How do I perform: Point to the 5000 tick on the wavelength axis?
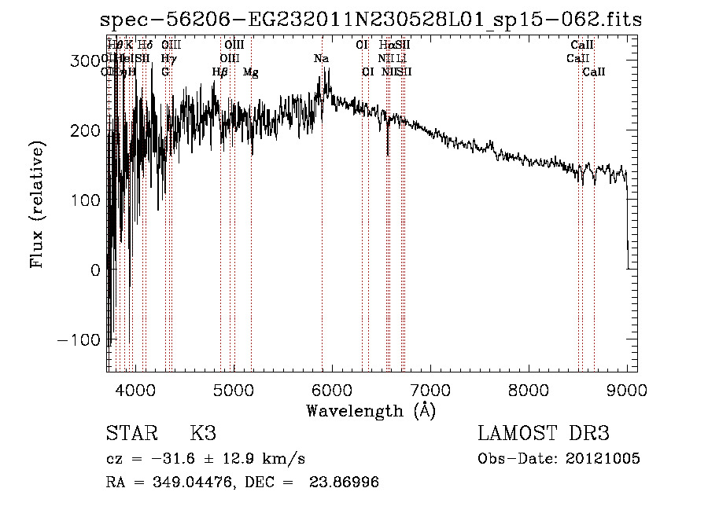(x=233, y=389)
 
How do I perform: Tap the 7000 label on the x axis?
(x=430, y=389)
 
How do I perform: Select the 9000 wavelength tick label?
(x=627, y=389)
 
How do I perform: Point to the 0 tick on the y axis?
(x=95, y=270)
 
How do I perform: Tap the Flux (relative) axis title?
(x=37, y=204)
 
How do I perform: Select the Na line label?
(x=321, y=59)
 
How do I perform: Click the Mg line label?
(x=251, y=72)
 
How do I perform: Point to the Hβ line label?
(x=220, y=72)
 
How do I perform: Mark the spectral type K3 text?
(x=203, y=434)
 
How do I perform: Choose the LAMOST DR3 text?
(x=544, y=434)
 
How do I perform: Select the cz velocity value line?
(x=205, y=459)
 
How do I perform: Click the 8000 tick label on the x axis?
(x=528, y=389)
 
